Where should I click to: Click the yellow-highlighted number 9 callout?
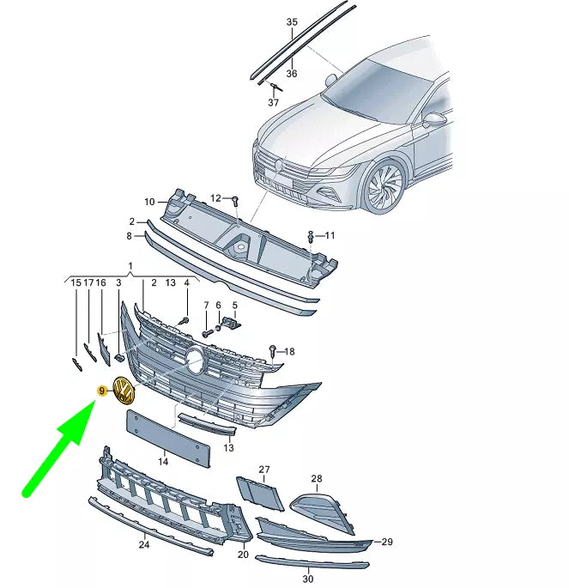pyautogui.click(x=102, y=391)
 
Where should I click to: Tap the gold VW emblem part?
pyautogui.click(x=124, y=391)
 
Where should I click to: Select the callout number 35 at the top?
pyautogui.click(x=292, y=22)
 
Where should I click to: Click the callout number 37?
pyautogui.click(x=273, y=102)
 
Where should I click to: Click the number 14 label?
pyautogui.click(x=163, y=461)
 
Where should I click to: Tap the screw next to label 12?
pyautogui.click(x=235, y=201)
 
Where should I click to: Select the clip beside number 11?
pyautogui.click(x=311, y=236)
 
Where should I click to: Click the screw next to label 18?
pyautogui.click(x=273, y=351)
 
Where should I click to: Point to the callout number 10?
pyautogui.click(x=149, y=202)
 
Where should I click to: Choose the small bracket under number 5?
pyautogui.click(x=232, y=323)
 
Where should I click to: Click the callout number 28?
pyautogui.click(x=317, y=478)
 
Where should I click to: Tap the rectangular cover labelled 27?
pyautogui.click(x=260, y=494)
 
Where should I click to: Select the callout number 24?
pyautogui.click(x=144, y=544)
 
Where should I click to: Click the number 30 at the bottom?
pyautogui.click(x=308, y=579)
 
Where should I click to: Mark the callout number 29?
pyautogui.click(x=387, y=542)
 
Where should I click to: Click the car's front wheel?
pyautogui.click(x=384, y=186)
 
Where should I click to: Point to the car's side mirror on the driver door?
pyautogui.click(x=435, y=120)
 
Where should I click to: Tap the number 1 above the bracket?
pyautogui.click(x=130, y=266)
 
